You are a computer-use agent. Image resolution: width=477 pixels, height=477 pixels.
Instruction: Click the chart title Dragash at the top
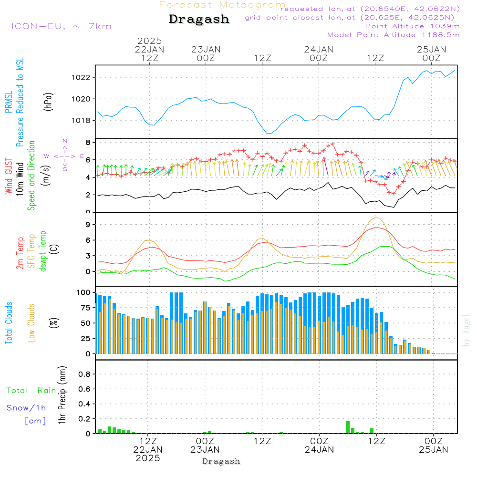click(x=199, y=19)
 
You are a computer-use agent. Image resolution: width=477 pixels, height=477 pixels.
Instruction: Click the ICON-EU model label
click(x=61, y=26)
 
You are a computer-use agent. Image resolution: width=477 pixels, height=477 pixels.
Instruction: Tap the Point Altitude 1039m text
click(x=412, y=26)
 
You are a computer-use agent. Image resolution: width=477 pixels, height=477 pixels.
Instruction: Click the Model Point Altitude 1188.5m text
click(x=393, y=34)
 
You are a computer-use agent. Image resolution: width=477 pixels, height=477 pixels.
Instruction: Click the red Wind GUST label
click(x=8, y=176)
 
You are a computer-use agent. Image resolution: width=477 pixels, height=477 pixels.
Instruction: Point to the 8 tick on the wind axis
click(x=88, y=142)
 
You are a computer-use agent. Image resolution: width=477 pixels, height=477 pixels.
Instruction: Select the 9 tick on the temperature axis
click(x=88, y=224)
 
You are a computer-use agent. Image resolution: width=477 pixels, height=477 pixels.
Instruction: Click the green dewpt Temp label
click(x=43, y=251)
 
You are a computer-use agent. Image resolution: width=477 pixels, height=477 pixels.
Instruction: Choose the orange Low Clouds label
click(x=31, y=322)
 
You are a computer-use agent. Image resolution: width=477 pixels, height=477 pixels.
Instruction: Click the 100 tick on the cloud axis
click(x=83, y=292)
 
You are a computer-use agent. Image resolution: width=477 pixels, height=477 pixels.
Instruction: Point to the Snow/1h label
click(x=26, y=408)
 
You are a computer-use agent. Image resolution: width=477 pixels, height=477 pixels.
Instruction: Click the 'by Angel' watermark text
click(x=467, y=330)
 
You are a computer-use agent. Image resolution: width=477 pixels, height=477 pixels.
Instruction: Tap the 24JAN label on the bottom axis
click(x=319, y=449)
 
